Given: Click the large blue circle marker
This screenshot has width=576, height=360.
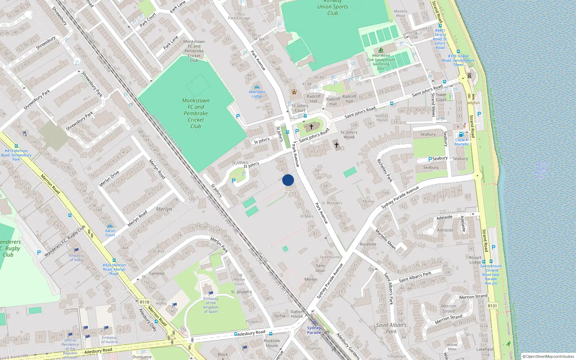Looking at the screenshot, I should pyautogui.click(x=288, y=180).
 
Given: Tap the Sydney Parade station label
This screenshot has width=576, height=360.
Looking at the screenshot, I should pyautogui.click(x=314, y=330).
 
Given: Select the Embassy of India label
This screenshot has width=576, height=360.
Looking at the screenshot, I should pyautogui.click(x=76, y=257).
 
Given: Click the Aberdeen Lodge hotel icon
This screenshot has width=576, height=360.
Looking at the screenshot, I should pyautogui.click(x=257, y=87).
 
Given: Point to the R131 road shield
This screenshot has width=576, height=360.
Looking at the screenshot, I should pyautogui.click(x=492, y=306).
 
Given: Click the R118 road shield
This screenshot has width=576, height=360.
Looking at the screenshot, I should pyautogui.click(x=144, y=302).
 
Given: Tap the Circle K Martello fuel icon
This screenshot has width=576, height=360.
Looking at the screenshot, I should pyautogui.click(x=461, y=135).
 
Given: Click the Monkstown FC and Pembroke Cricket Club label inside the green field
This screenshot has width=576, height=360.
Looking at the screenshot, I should pyautogui.click(x=195, y=113).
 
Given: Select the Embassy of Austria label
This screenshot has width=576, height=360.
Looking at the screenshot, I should pyautogui.click(x=109, y=340).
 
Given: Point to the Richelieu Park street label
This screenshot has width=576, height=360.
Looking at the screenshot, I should pyautogui.click(x=384, y=170).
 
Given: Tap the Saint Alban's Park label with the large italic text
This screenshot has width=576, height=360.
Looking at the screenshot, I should pyautogui.click(x=391, y=328).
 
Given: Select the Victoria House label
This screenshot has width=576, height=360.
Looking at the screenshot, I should pyautogui.click(x=382, y=118).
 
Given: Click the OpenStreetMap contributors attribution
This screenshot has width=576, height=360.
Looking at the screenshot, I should pyautogui.click(x=548, y=356).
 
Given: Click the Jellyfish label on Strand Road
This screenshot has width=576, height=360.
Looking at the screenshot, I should pyautogui.click(x=473, y=103).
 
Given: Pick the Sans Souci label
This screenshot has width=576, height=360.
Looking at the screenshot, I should pyautogui.click(x=320, y=268).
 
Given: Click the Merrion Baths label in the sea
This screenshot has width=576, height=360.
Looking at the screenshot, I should pyautogui.click(x=541, y=171).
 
